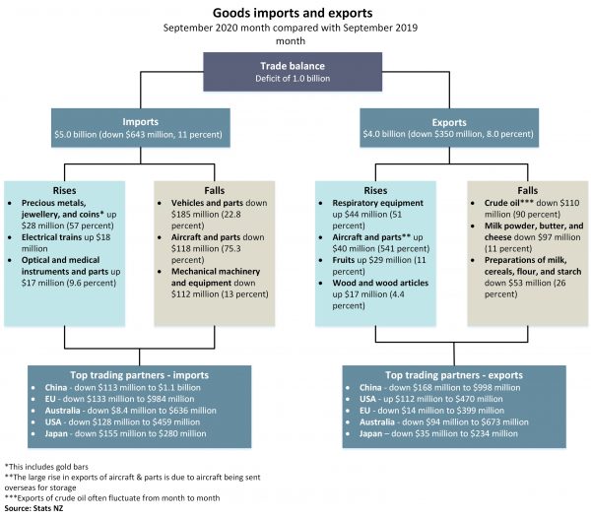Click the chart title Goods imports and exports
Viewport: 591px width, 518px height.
click(295, 14)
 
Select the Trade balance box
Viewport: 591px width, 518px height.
click(295, 73)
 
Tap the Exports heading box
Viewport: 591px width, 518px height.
click(454, 127)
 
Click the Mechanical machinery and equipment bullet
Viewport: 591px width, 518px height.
click(207, 280)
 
